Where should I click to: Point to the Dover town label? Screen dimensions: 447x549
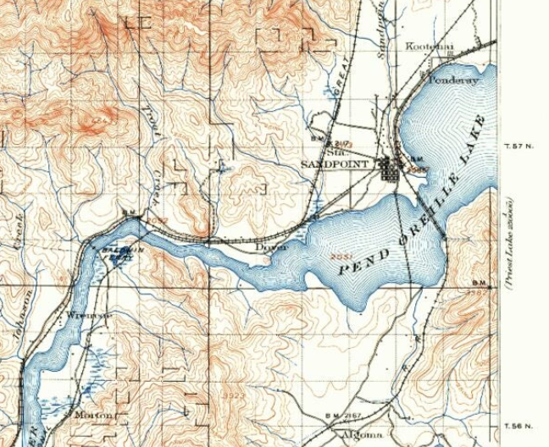coord(273,246)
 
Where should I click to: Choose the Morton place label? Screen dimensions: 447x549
coord(91,415)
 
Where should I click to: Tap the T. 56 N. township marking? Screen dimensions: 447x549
coord(520,425)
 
